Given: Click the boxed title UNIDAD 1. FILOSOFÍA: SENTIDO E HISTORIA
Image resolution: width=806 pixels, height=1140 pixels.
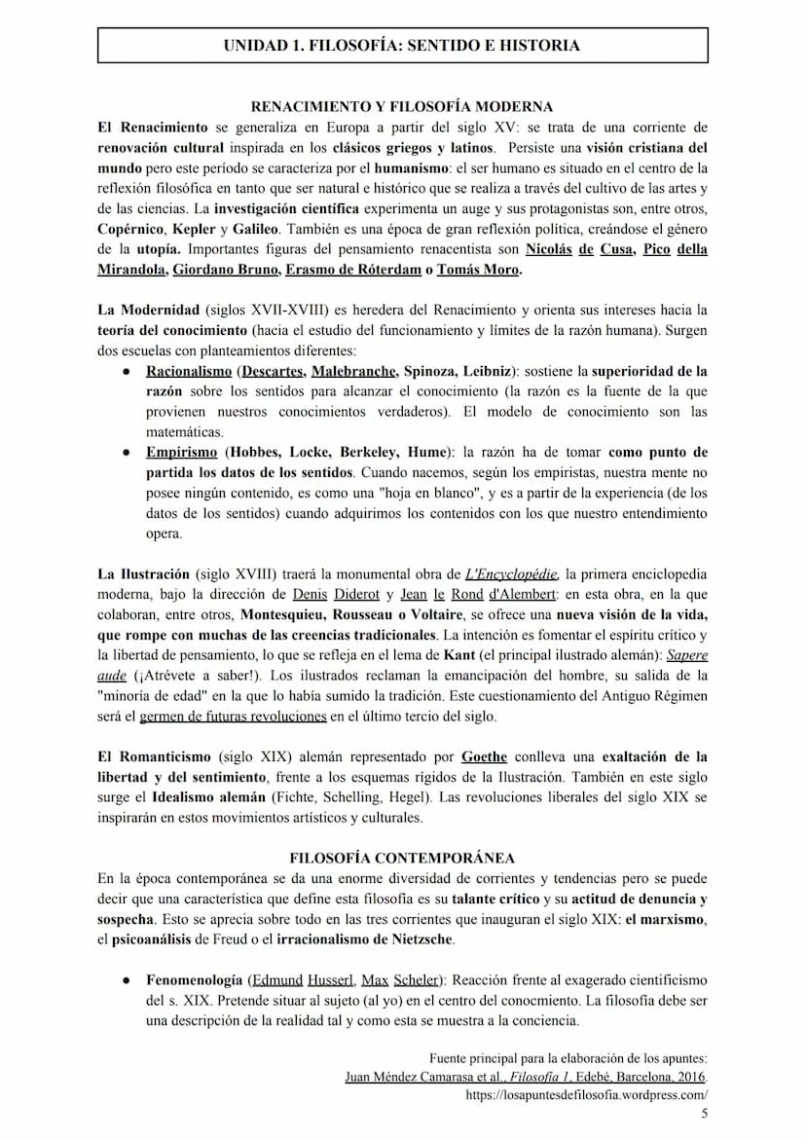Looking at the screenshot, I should tap(402, 46).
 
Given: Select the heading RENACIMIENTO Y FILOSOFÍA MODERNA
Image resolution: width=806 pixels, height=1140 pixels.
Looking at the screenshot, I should tap(402, 107).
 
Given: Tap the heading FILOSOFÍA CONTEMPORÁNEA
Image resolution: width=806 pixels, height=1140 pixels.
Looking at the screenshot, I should tap(402, 858).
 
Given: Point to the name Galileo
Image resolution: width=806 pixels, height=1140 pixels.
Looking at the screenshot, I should tap(256, 229).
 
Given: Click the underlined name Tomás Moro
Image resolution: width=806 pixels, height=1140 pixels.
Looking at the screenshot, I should tap(478, 270).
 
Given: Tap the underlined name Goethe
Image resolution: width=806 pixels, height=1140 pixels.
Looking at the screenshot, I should tap(486, 756).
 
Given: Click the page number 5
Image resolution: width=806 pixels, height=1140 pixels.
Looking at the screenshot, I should tap(704, 1113).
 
